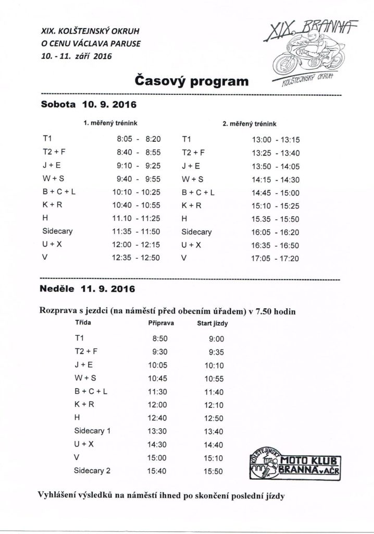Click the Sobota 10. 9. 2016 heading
[x=88, y=104]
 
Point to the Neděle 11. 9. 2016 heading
[x=88, y=288]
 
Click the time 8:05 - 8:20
[x=135, y=139]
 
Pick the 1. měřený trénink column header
[x=105, y=124]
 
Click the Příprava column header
[x=161, y=323]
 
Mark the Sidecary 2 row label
[x=93, y=471]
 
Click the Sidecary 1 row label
[x=93, y=431]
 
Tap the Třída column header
[x=83, y=323]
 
